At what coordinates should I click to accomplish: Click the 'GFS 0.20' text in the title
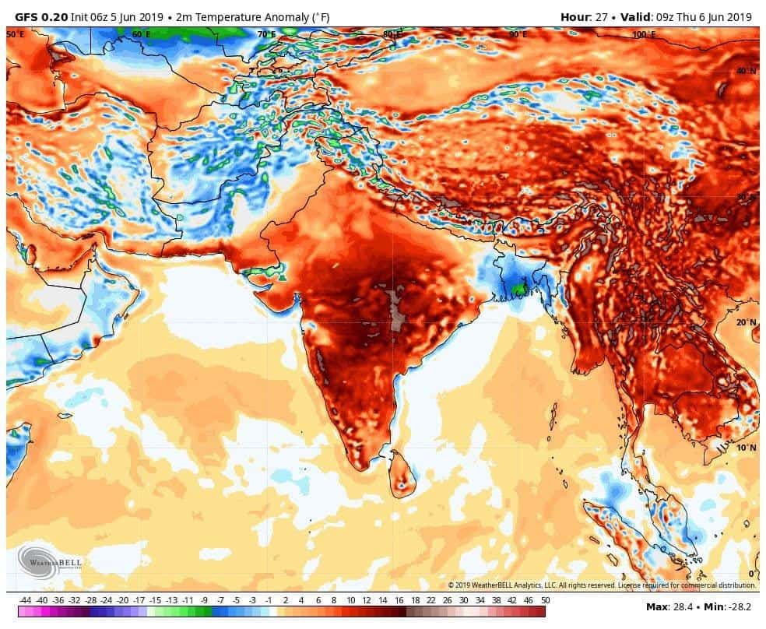(x=41, y=16)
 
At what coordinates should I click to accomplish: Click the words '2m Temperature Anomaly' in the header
(x=234, y=16)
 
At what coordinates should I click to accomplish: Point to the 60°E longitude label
(x=141, y=34)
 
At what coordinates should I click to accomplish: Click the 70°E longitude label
(x=266, y=34)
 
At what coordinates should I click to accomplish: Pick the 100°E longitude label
(x=643, y=34)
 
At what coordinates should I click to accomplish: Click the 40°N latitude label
(x=747, y=72)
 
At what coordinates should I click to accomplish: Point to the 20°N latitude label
(x=747, y=322)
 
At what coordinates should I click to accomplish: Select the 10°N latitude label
(x=747, y=448)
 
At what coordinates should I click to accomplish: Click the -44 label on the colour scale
(x=26, y=600)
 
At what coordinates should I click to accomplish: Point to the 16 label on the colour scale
(x=399, y=600)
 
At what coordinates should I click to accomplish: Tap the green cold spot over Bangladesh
(x=518, y=289)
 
